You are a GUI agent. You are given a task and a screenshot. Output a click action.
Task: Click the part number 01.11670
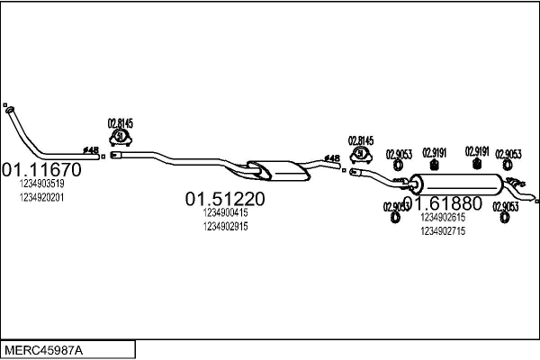coord(41,169)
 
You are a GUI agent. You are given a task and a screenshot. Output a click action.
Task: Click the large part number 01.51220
coord(225,199)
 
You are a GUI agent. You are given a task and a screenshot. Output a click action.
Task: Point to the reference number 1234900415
coord(225,213)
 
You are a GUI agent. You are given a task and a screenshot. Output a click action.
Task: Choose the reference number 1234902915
coord(225,227)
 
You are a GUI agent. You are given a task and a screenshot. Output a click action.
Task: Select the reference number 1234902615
coord(442,218)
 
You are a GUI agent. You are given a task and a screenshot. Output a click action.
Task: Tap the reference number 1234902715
coord(442,231)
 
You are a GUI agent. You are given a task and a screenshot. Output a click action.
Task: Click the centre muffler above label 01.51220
coord(274,168)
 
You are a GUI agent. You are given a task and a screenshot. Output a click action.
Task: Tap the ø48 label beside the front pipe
coord(91,149)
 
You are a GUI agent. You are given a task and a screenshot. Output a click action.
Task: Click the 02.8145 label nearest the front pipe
coord(121,123)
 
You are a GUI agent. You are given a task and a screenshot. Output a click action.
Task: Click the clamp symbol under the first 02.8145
coord(121,137)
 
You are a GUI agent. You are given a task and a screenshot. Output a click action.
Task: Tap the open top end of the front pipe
coord(7,107)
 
